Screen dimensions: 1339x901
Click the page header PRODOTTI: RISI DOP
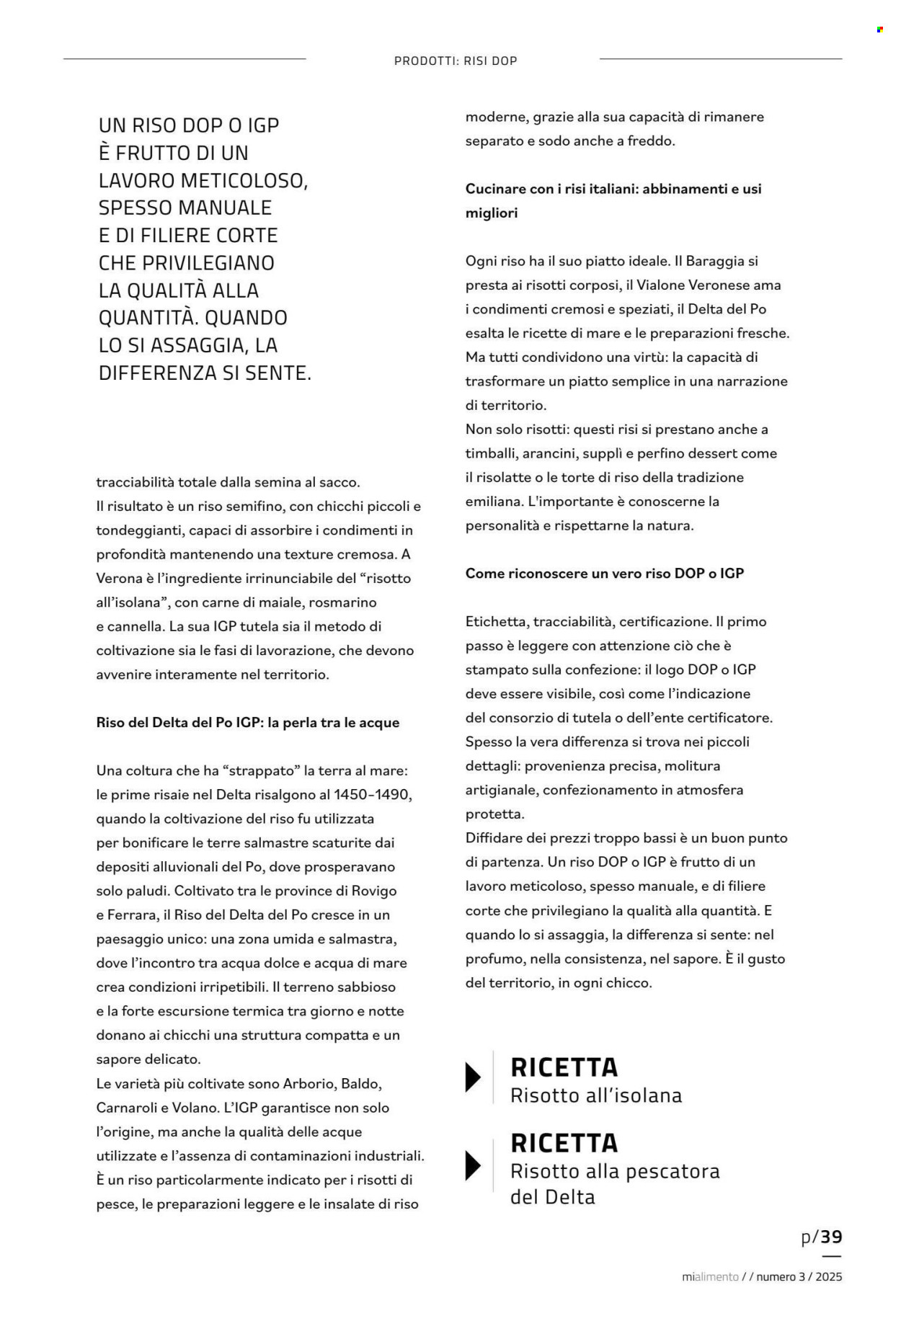pyautogui.click(x=456, y=61)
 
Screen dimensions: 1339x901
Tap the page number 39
pyautogui.click(x=831, y=1237)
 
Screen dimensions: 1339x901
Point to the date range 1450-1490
pyautogui.click(x=373, y=795)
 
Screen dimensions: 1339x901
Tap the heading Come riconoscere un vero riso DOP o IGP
pyautogui.click(x=604, y=574)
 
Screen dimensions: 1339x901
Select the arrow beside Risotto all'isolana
pyautogui.click(x=473, y=1077)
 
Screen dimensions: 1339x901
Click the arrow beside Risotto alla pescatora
pyautogui.click(x=473, y=1165)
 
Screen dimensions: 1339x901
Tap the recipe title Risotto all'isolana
pyautogui.click(x=595, y=1096)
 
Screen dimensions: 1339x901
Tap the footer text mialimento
pyautogui.click(x=710, y=1277)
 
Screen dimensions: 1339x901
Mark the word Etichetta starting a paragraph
pyautogui.click(x=496, y=622)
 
